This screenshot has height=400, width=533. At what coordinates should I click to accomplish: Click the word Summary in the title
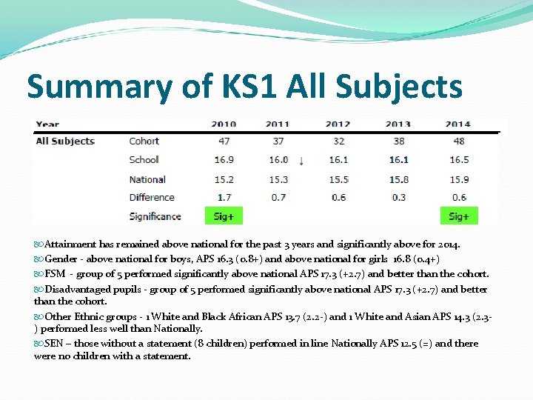click(96, 87)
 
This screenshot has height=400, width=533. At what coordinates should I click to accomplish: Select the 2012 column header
click(338, 124)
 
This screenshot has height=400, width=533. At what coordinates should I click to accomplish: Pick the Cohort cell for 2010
click(224, 141)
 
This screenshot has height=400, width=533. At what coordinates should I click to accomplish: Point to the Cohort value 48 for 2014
click(458, 141)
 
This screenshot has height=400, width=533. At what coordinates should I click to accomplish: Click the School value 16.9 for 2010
click(224, 159)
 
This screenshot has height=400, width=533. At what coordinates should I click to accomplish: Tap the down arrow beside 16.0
click(301, 160)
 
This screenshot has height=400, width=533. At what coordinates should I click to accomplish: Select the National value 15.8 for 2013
click(399, 179)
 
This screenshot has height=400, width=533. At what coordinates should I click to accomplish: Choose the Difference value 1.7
click(224, 197)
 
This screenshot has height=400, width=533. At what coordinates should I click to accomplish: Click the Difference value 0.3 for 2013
click(399, 197)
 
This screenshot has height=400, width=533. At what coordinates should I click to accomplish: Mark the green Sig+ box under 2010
click(224, 216)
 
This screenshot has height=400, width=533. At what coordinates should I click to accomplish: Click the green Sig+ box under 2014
click(458, 216)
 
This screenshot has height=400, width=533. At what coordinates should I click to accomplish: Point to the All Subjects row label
click(65, 141)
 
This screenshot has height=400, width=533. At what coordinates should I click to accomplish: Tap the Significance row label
click(155, 216)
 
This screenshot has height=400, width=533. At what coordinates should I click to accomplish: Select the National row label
click(147, 179)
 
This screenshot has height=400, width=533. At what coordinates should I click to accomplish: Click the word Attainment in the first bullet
click(70, 244)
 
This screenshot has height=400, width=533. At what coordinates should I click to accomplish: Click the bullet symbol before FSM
click(38, 274)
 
